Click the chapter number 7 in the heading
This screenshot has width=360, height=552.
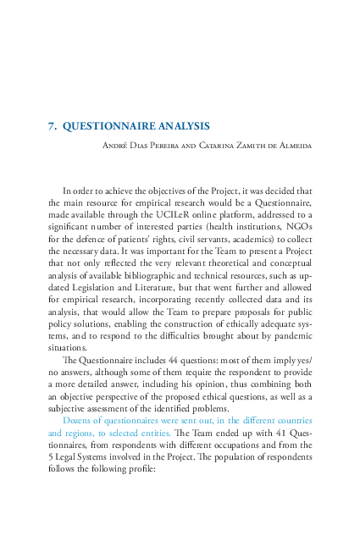pos(52,126)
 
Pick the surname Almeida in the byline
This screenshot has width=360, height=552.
pos(293,146)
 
